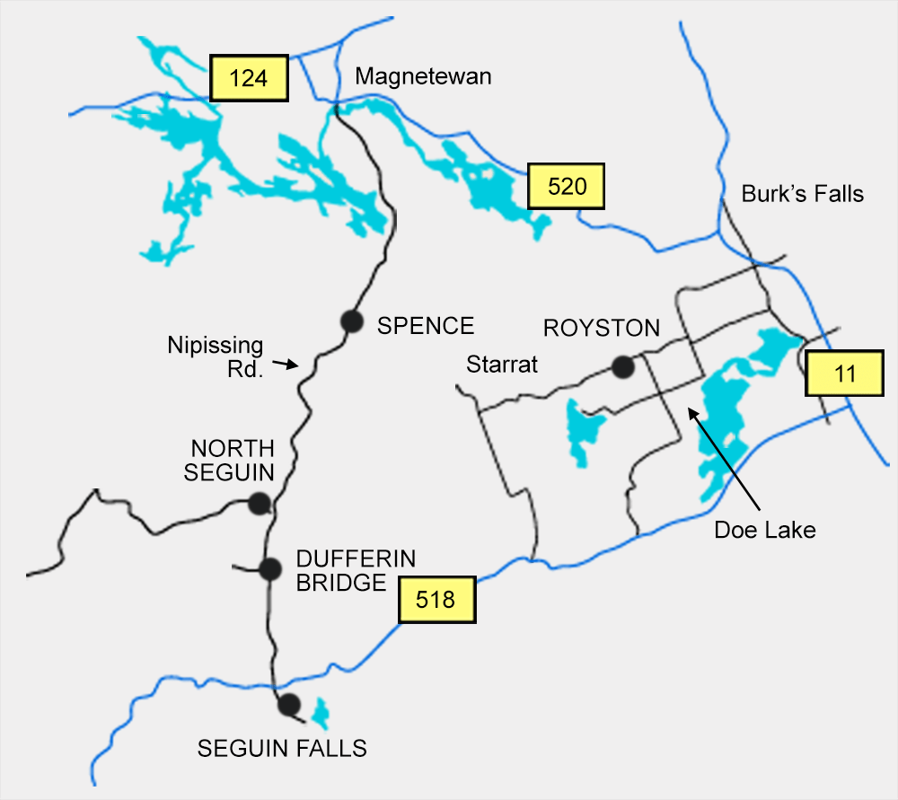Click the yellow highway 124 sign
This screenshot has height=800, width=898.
[x=249, y=78]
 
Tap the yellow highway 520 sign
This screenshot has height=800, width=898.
[x=567, y=187]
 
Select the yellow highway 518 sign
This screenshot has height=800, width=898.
[x=436, y=599]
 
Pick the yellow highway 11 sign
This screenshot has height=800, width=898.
[x=844, y=374]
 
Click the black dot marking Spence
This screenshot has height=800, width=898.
[x=351, y=321]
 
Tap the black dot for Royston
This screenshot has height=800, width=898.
[x=621, y=366]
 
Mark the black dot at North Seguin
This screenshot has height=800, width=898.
[x=259, y=504]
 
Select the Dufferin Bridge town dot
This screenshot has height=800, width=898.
[x=269, y=568]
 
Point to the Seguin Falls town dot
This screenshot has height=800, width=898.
[x=288, y=705]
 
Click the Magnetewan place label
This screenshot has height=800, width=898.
[x=423, y=77]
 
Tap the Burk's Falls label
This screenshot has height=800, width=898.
[x=802, y=194]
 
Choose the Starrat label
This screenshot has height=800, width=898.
[x=501, y=365]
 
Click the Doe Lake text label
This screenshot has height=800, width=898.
[x=764, y=530]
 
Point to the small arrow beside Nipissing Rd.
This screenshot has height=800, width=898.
[x=285, y=364]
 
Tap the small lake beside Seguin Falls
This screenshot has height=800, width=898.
[x=319, y=715]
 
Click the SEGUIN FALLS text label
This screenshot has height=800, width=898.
[x=282, y=748]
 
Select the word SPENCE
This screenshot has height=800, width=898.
[x=425, y=325]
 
